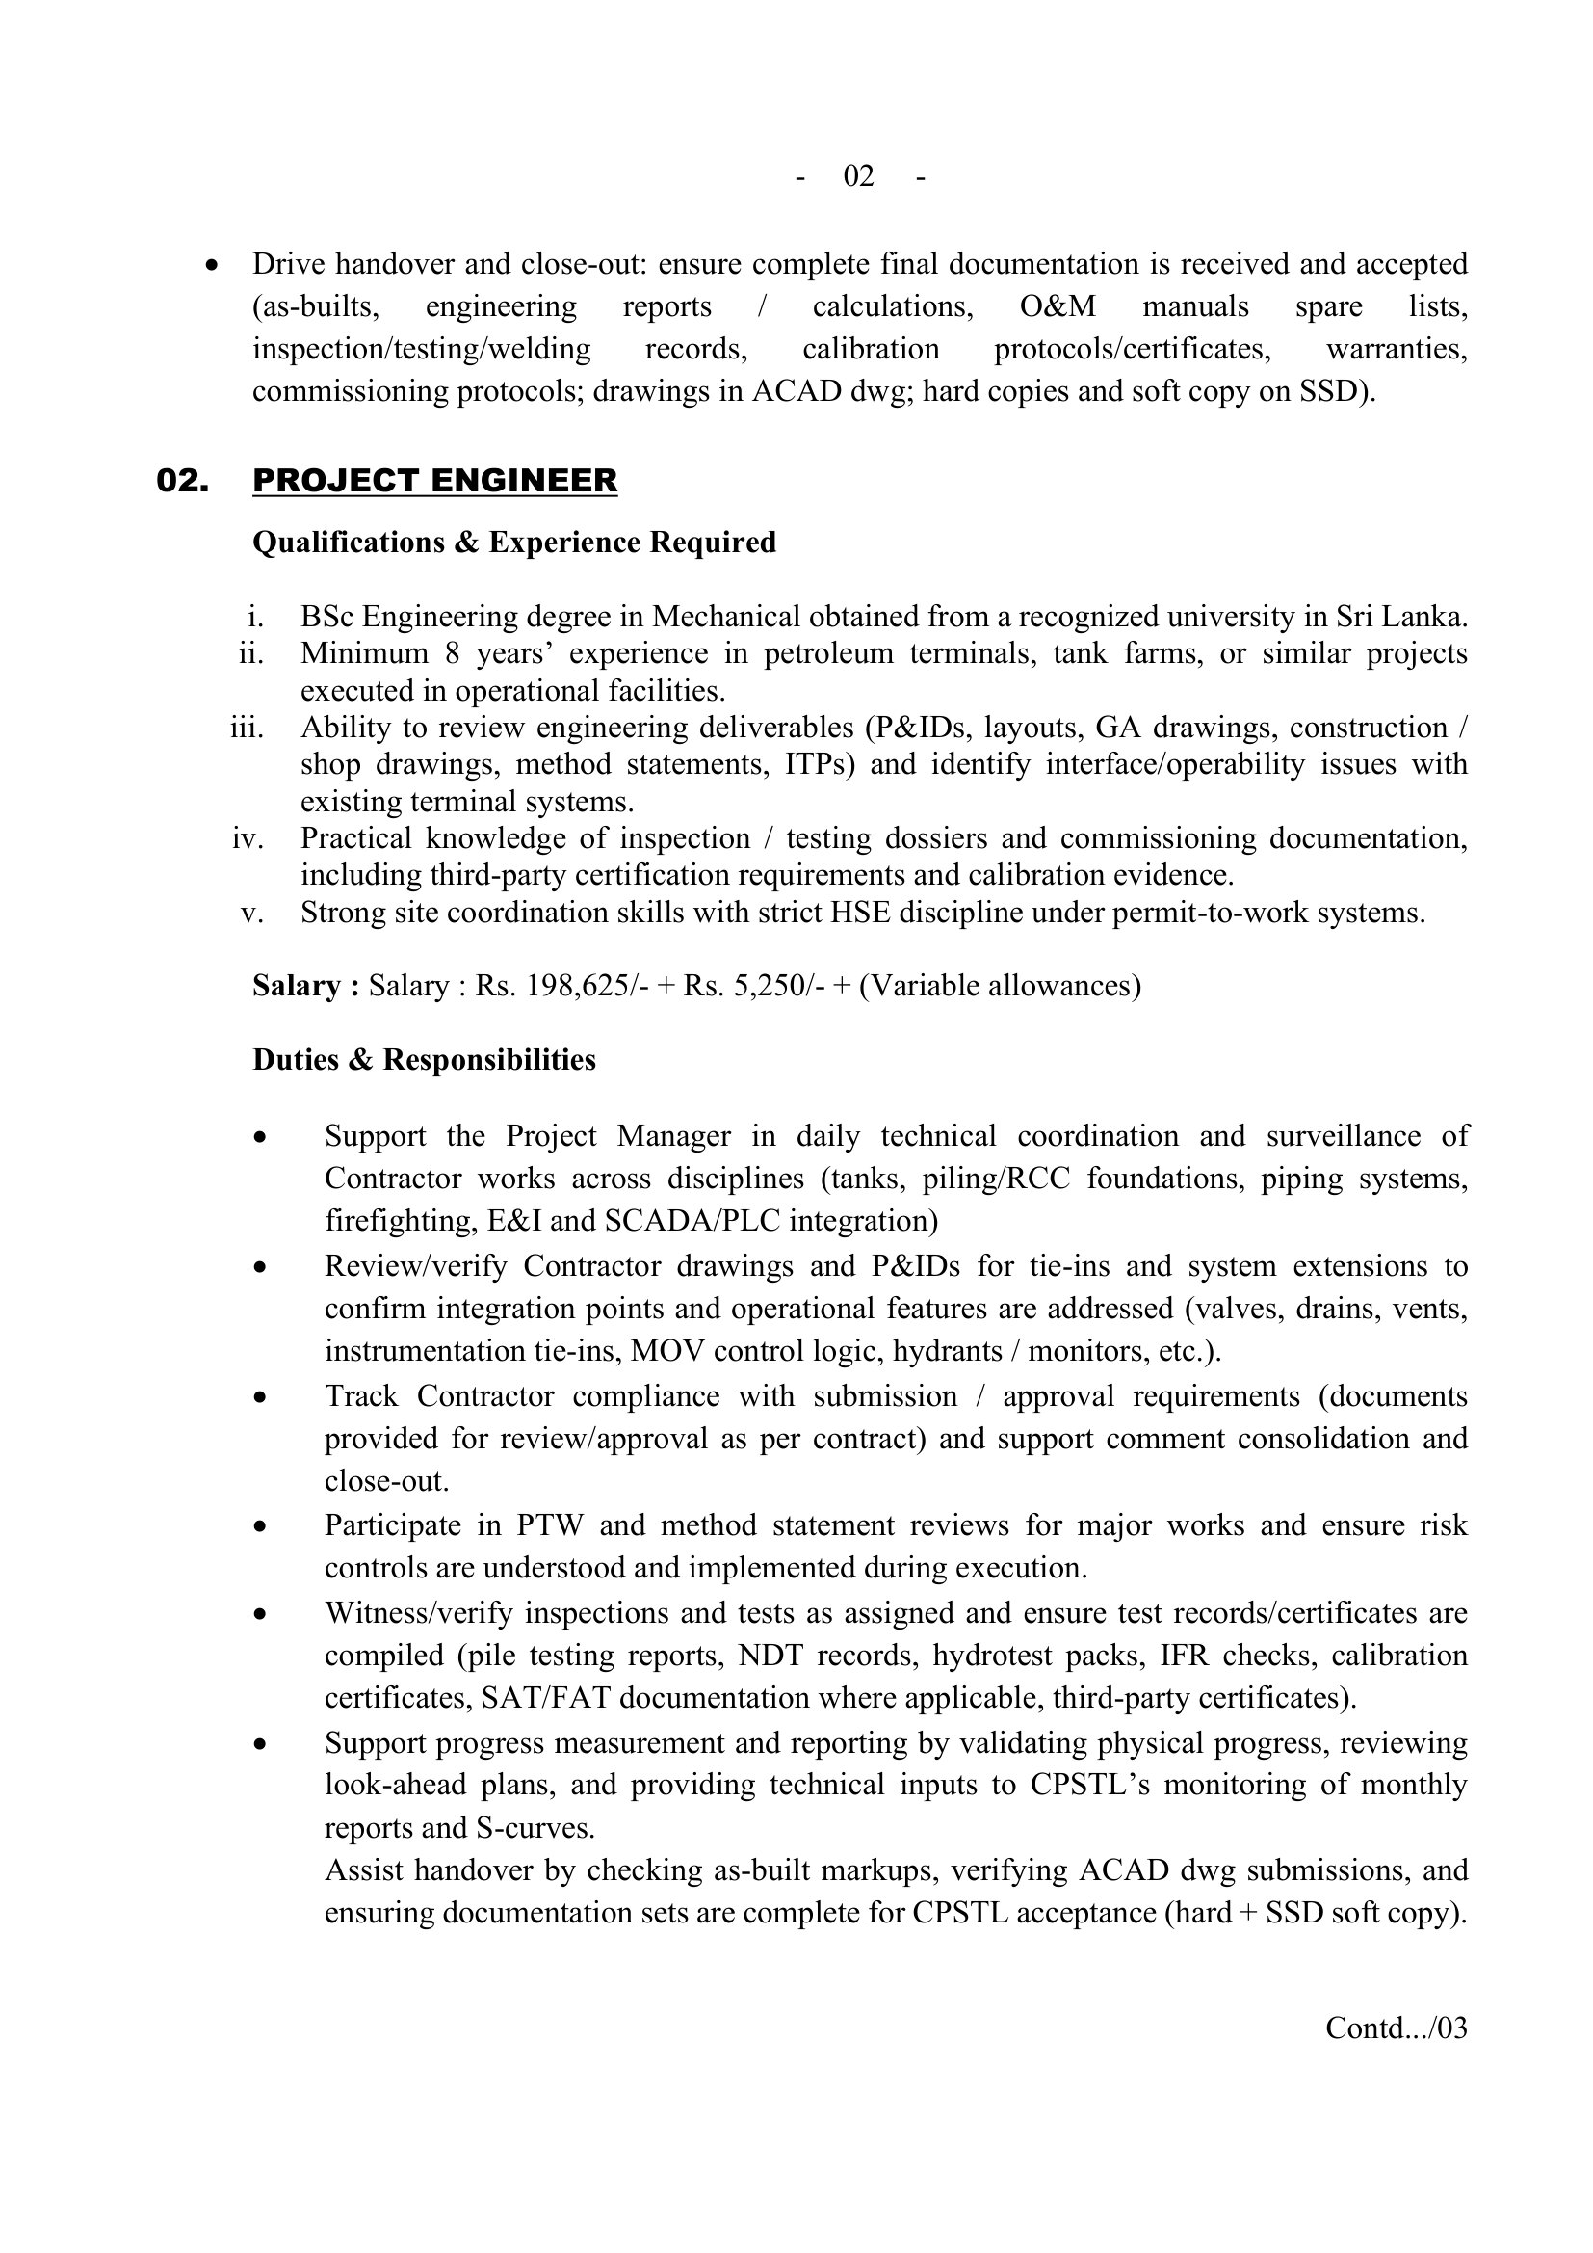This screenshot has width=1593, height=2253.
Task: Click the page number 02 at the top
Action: pyautogui.click(x=858, y=175)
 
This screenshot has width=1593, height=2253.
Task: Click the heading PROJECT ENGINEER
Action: pyautogui.click(x=434, y=481)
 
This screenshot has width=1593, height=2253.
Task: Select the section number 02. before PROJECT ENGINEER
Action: pyautogui.click(x=182, y=481)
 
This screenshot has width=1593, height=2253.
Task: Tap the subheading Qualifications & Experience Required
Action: pyautogui.click(x=514, y=543)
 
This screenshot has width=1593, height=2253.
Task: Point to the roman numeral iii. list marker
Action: pyautogui.click(x=247, y=728)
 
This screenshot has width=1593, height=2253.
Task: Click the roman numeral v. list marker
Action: pyautogui.click(x=252, y=913)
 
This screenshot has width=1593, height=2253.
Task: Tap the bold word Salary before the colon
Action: pyautogui.click(x=298, y=985)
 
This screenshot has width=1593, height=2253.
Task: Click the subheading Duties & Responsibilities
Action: pyautogui.click(x=424, y=1060)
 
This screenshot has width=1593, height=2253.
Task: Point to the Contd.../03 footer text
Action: pyautogui.click(x=1396, y=2028)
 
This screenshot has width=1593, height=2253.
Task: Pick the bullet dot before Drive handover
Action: pyautogui.click(x=211, y=265)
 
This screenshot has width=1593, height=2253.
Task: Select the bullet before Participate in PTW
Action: pyautogui.click(x=260, y=1526)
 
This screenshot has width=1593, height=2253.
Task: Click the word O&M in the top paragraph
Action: pyautogui.click(x=1058, y=307)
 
